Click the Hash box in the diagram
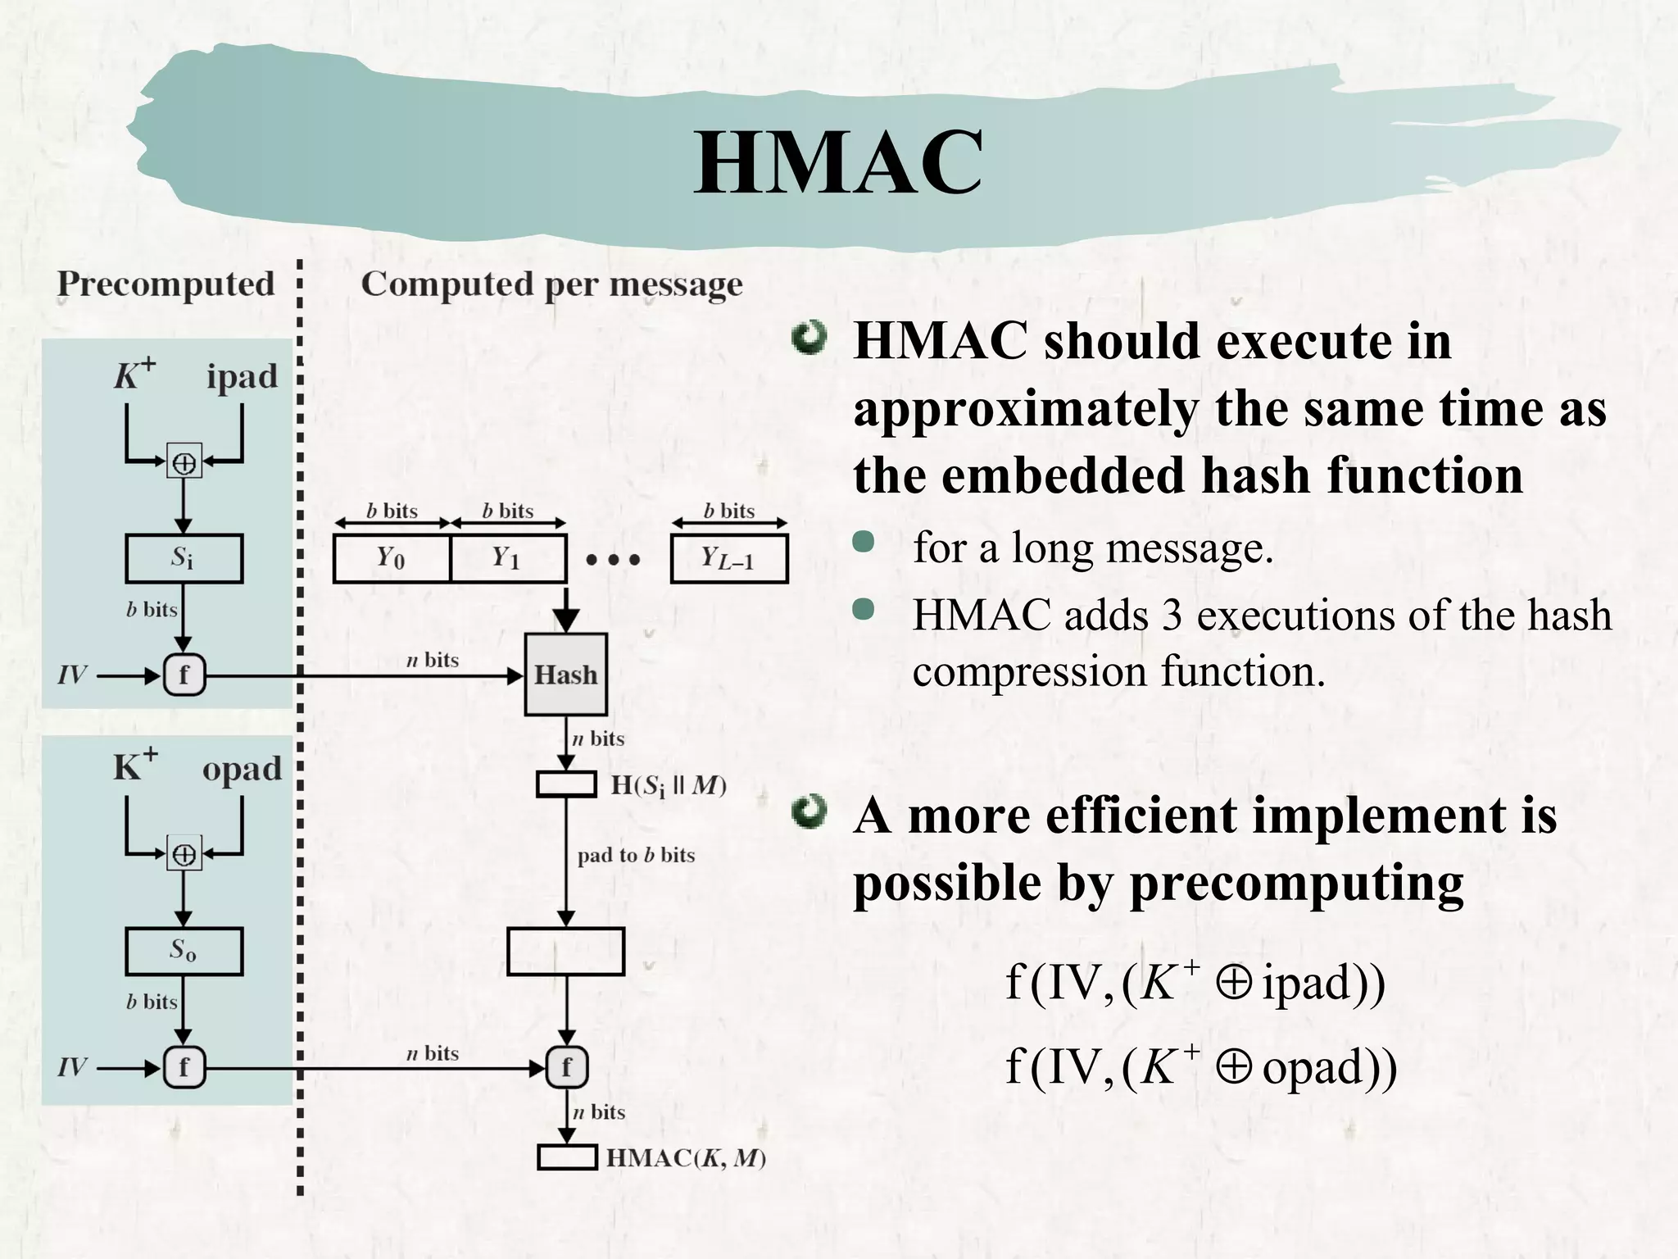pyautogui.click(x=565, y=675)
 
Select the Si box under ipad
pyautogui.click(x=184, y=558)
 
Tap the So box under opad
pyautogui.click(x=184, y=951)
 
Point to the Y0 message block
pyautogui.click(x=392, y=558)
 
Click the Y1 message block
pyautogui.click(x=507, y=558)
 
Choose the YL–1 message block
pyautogui.click(x=728, y=558)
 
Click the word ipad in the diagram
pyautogui.click(x=242, y=376)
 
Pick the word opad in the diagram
pyautogui.click(x=242, y=769)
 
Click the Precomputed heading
pyautogui.click(x=166, y=284)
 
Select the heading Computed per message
pyautogui.click(x=551, y=284)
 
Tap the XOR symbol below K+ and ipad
pyautogui.click(x=184, y=462)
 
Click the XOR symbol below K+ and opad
pyautogui.click(x=184, y=854)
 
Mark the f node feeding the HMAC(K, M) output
pyautogui.click(x=566, y=1068)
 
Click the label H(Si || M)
pyautogui.click(x=669, y=786)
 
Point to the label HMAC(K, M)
pyautogui.click(x=685, y=1158)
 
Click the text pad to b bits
pyautogui.click(x=636, y=855)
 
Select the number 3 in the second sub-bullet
pyautogui.click(x=1172, y=615)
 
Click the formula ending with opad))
pyautogui.click(x=1200, y=1066)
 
